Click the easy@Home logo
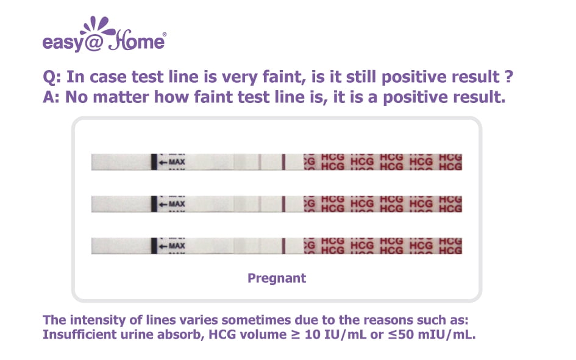pos(104,34)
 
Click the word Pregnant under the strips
pos(277,278)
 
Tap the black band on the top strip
pos(154,162)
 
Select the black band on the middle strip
pos(154,203)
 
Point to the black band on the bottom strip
pos(154,245)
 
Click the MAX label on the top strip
pos(177,162)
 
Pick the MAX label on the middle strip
pos(177,203)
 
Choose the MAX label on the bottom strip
pos(177,245)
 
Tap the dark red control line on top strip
pos(283,162)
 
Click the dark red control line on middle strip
pos(283,203)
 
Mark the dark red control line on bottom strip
pos(283,245)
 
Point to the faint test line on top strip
pos(260,162)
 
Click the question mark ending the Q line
pos(508,76)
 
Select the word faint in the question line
pos(283,77)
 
